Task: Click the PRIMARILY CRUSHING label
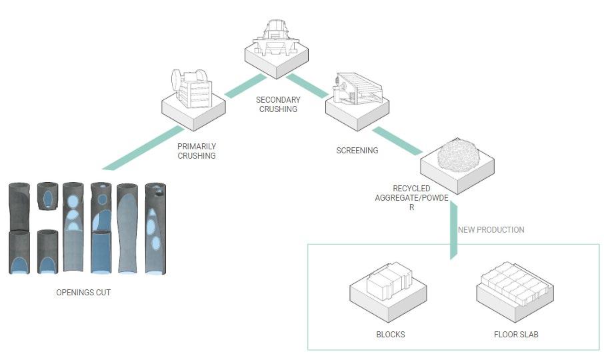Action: tap(197, 151)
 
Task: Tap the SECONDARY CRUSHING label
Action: tap(278, 104)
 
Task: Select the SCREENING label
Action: tap(357, 151)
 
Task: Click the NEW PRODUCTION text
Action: tap(491, 230)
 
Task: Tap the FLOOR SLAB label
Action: tap(516, 334)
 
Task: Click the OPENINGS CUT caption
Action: tap(83, 293)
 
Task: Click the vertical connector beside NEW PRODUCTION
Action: tap(453, 230)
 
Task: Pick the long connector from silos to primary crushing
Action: tap(144, 147)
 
